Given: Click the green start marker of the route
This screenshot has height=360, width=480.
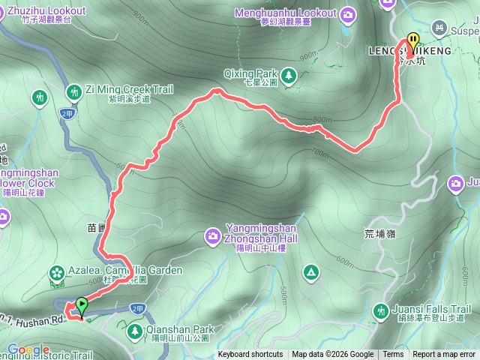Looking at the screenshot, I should point(81,304).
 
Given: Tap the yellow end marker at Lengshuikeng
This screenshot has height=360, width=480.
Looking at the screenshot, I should point(412,42).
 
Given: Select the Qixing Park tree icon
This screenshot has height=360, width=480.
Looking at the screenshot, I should point(288,74).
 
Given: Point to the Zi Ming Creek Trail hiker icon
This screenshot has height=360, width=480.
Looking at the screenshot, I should point(73,91).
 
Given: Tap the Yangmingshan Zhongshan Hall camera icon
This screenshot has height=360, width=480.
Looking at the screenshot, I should point(213,238).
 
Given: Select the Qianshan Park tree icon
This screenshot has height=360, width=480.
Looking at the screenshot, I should point(135,329).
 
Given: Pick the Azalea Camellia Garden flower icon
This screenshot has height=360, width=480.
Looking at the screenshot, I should point(56,271).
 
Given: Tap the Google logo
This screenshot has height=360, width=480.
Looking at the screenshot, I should point(28,350).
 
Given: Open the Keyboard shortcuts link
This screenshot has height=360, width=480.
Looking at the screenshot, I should point(250,355).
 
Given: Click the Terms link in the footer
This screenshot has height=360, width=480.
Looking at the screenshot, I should point(393,355).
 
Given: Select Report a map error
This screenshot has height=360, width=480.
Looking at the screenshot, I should point(445,355).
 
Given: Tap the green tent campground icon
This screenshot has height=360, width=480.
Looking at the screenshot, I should point(309,271).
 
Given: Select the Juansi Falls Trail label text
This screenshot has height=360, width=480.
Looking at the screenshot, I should point(430,310).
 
